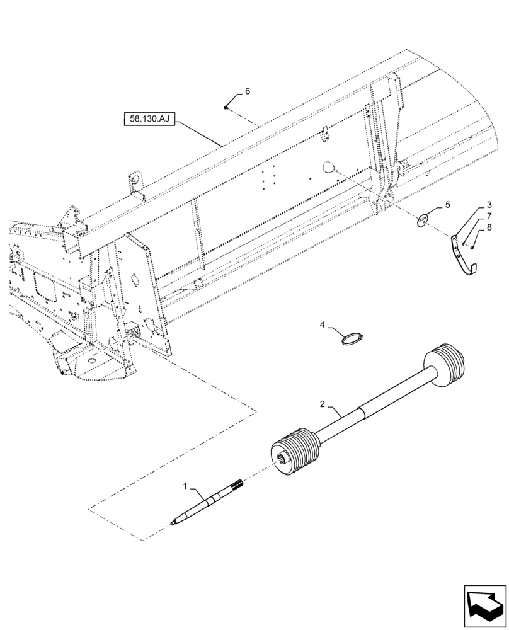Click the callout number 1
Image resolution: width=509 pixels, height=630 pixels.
pyautogui.click(x=185, y=486)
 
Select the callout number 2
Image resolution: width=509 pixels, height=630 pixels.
pyautogui.click(x=322, y=404)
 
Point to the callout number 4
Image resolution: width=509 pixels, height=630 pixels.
pyautogui.click(x=322, y=325)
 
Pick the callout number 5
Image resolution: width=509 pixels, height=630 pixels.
pyautogui.click(x=448, y=205)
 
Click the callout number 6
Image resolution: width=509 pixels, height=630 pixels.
pyautogui.click(x=247, y=91)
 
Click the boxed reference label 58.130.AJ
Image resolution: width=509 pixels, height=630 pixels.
pyautogui.click(x=149, y=118)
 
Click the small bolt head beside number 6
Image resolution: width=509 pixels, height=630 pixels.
pyautogui.click(x=226, y=108)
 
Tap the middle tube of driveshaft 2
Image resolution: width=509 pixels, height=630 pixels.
pyautogui.click(x=372, y=403)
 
